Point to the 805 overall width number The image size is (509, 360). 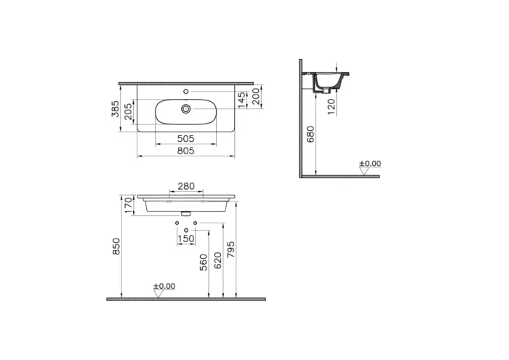187,151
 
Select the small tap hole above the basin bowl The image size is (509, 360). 188,91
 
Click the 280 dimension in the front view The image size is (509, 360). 187,187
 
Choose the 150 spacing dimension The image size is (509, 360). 186,239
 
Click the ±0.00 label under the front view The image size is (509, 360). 164,287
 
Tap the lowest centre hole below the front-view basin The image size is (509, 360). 187,229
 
